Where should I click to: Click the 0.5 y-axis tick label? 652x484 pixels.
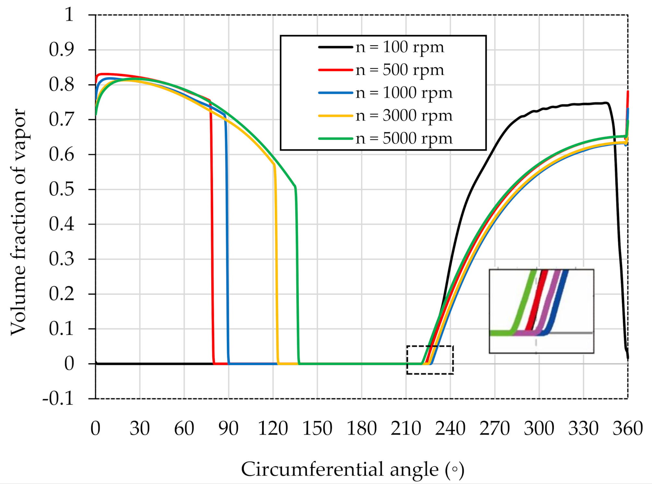[62, 189]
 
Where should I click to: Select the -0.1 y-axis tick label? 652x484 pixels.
[58, 399]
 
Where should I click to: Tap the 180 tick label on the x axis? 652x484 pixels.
[362, 429]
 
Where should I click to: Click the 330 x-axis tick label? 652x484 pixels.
[583, 429]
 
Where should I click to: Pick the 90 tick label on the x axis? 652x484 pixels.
[228, 429]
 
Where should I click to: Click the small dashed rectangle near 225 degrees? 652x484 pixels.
[430, 346]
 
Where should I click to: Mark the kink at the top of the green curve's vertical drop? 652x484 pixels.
[295, 187]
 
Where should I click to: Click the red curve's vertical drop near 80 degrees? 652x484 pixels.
[212, 243]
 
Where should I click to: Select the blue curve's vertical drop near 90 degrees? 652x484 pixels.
[227, 243]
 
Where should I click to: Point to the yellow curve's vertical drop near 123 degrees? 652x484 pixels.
[276, 259]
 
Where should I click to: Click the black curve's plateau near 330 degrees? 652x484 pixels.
[583, 104]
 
